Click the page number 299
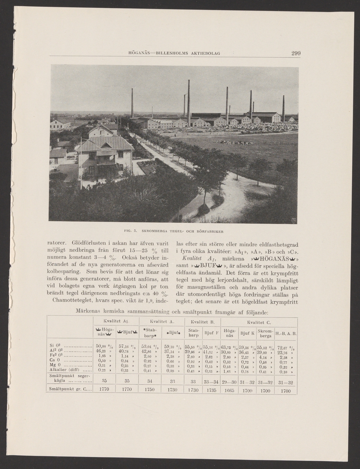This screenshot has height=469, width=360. click(296, 54)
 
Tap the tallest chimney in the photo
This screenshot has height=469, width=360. click(188, 102)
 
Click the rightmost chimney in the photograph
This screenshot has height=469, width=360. click(283, 108)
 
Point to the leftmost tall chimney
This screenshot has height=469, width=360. click(132, 102)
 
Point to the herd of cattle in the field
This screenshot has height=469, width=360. click(235, 142)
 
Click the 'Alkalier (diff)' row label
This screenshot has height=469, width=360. click(69, 370)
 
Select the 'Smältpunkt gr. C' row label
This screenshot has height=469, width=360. click(69, 389)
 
